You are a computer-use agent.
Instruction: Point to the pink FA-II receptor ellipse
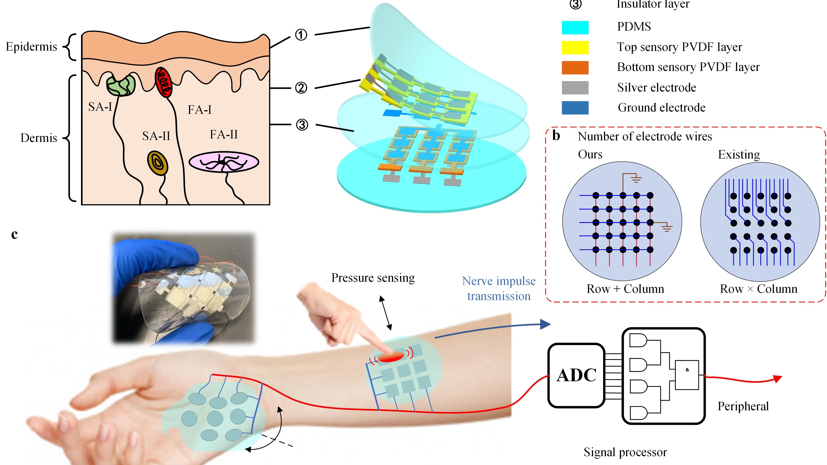coord(224,162)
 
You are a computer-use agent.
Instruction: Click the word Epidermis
coord(32,47)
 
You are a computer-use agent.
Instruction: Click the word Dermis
coord(39,138)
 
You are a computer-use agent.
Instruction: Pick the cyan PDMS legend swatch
coord(575,27)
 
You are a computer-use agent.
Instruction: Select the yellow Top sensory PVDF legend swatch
coord(575,48)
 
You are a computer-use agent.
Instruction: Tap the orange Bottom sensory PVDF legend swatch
coord(575,67)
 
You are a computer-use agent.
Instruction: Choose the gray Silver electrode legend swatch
coord(575,88)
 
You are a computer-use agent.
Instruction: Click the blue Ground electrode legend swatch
coord(575,108)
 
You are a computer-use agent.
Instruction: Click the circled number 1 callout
coord(301,35)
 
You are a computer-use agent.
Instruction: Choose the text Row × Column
coord(758,289)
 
